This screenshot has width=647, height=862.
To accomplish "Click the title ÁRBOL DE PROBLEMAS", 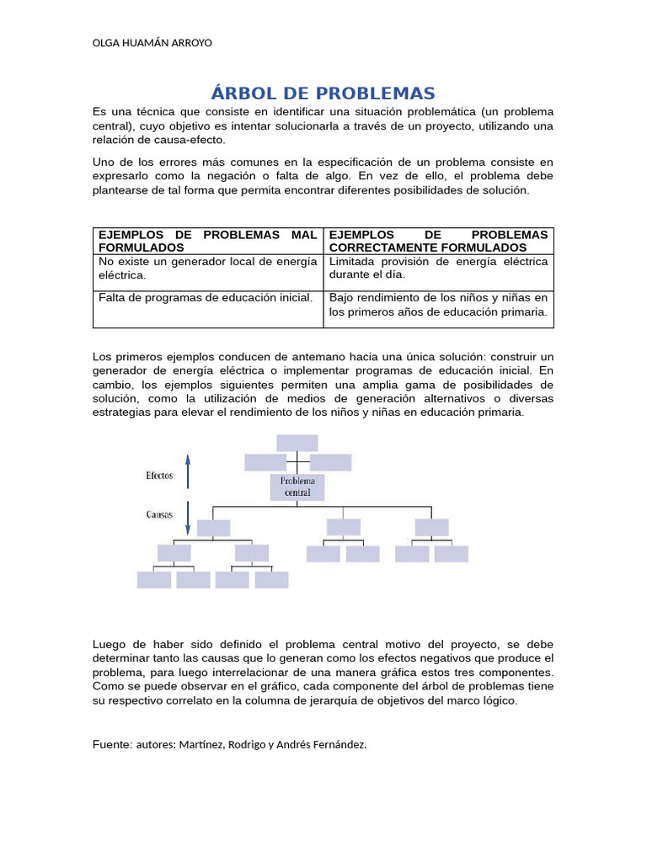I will click(323, 93).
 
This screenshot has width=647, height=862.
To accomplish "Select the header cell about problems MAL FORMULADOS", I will click(207, 241).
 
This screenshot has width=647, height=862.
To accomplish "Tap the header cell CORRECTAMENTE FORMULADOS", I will click(438, 241).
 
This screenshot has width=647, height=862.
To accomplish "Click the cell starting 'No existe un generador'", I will click(207, 268).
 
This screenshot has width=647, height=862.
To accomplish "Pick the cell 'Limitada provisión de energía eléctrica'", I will click(438, 268).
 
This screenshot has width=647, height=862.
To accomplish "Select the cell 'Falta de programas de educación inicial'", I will click(206, 297).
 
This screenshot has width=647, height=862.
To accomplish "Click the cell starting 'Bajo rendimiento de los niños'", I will click(438, 304).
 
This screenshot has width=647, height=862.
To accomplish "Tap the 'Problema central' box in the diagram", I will click(297, 487).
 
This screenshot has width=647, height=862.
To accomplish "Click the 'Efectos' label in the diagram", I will click(159, 476).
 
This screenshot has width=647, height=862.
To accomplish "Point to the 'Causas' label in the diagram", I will click(159, 512).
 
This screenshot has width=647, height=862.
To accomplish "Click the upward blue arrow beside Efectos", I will click(188, 471).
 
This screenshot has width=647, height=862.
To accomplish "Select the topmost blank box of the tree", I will click(297, 442).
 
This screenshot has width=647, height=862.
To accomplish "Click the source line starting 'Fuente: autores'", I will click(229, 744).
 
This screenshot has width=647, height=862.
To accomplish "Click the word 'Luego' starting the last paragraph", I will click(108, 645).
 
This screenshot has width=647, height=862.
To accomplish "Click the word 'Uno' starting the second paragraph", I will click(102, 162).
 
